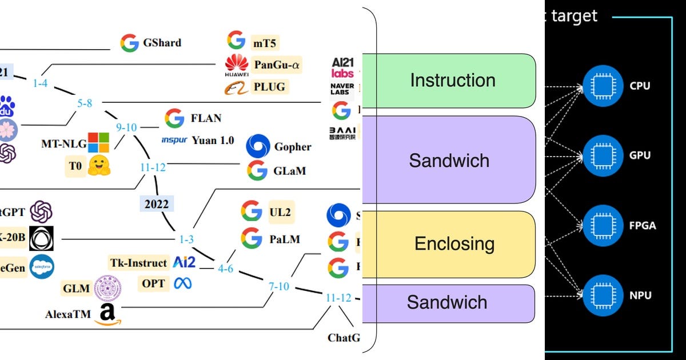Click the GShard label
[162, 43]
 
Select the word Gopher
[293, 147]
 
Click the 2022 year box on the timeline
[156, 204]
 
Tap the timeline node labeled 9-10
[126, 127]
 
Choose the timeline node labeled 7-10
[279, 286]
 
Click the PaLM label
[284, 239]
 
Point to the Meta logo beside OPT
[183, 283]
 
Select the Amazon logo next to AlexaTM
[108, 314]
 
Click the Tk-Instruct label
[139, 262]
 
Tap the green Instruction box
[452, 81]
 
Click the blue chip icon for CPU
[600, 86]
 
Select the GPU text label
[639, 155]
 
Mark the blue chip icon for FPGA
[600, 226]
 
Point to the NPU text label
[640, 296]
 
